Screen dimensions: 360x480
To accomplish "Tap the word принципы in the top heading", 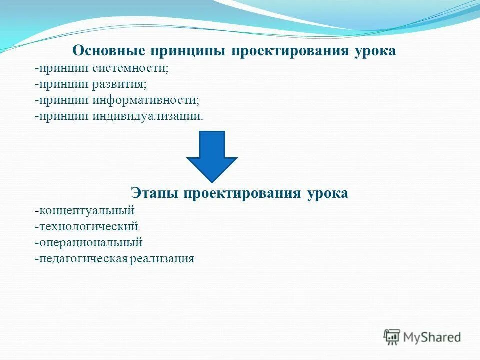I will click(x=184, y=51).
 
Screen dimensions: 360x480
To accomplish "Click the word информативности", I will click(x=145, y=100).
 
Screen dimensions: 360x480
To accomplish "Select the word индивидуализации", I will click(x=148, y=116).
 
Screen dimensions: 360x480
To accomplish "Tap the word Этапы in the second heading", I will click(x=155, y=193).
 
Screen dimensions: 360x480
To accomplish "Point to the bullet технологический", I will click(x=88, y=226).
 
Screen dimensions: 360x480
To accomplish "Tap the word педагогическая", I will click(x=83, y=259).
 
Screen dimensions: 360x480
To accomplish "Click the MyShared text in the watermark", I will click(x=432, y=337).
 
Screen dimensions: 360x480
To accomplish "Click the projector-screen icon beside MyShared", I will click(x=392, y=337).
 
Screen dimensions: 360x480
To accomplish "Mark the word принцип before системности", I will click(x=63, y=68).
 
